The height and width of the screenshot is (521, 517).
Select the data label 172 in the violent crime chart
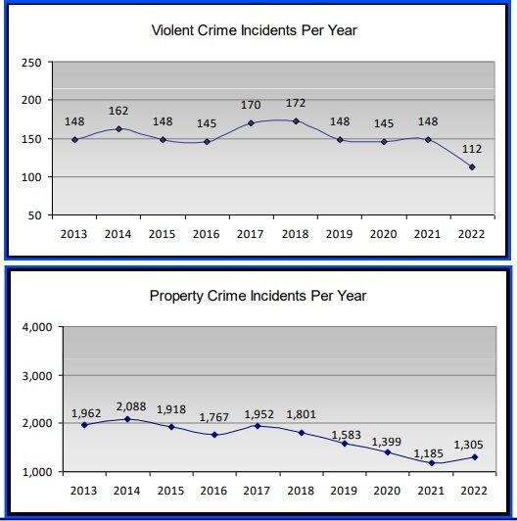click(x=296, y=103)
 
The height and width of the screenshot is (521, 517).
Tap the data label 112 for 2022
click(x=474, y=149)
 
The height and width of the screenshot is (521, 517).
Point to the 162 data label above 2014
click(x=117, y=111)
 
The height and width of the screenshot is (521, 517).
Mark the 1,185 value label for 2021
click(x=429, y=452)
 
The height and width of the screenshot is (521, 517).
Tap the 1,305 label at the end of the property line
click(x=469, y=444)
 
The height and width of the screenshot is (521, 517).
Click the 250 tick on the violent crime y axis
click(x=31, y=63)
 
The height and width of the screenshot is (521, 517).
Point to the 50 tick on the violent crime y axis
click(x=35, y=215)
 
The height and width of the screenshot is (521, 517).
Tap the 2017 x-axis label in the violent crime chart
click(x=255, y=235)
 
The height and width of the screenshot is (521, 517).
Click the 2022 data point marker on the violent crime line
click(x=474, y=167)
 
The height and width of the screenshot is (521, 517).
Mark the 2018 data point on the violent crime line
click(x=296, y=121)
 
